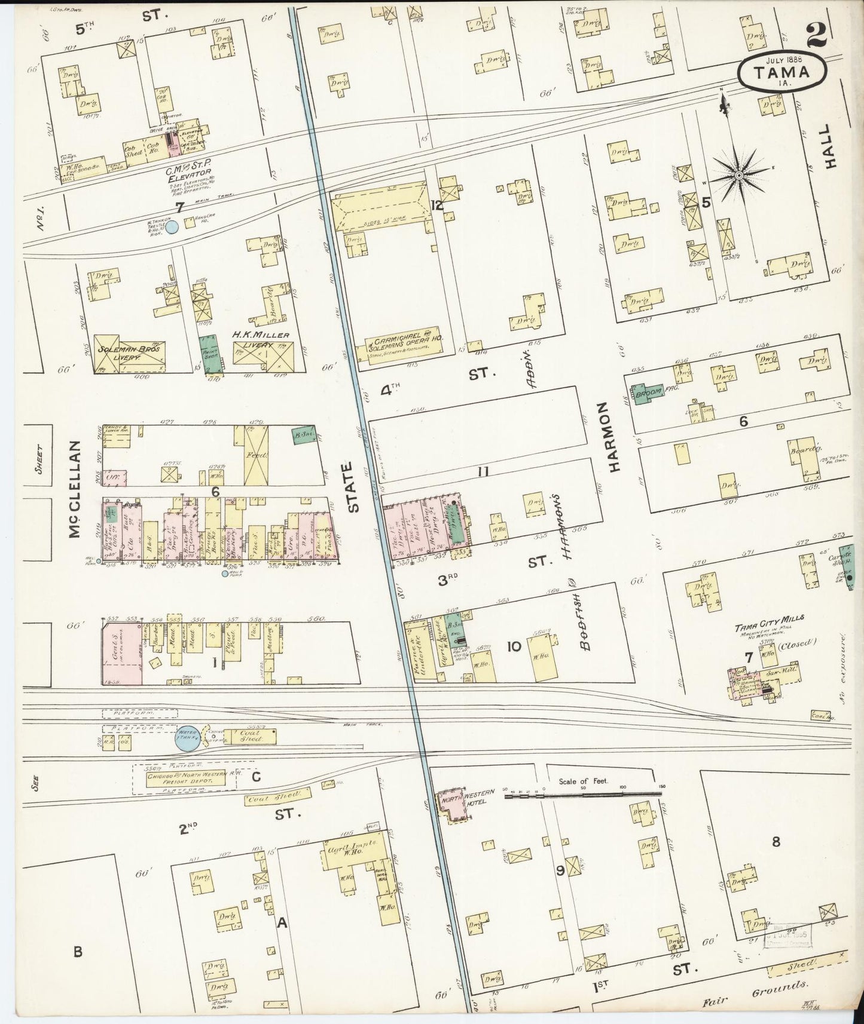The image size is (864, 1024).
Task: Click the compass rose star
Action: pos(738,174)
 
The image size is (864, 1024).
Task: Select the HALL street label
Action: pos(828,147)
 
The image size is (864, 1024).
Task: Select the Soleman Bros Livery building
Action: pos(129,354)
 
